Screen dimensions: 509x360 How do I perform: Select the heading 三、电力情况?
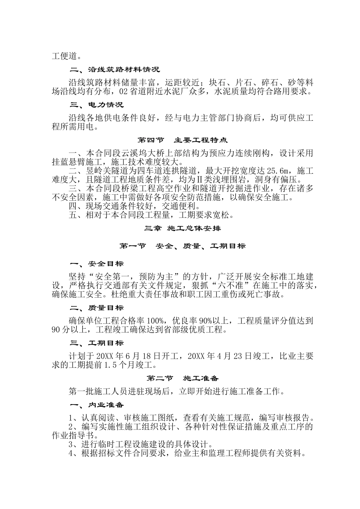click(x=97, y=105)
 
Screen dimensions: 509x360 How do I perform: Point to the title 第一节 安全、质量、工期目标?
click(x=182, y=246)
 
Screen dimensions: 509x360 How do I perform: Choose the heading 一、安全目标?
click(x=97, y=264)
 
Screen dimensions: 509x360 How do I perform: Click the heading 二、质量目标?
click(x=97, y=308)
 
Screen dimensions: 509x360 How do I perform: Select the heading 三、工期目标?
click(x=97, y=343)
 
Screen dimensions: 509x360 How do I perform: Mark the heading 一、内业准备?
click(x=97, y=405)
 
